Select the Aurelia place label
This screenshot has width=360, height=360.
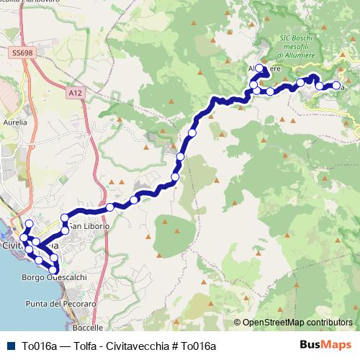(x=15, y=122)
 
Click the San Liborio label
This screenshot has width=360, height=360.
(x=91, y=226)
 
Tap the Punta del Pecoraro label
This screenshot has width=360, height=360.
(x=60, y=305)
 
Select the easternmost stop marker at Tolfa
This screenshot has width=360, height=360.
(x=336, y=86)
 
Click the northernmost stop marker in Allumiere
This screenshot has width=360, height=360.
(x=259, y=69)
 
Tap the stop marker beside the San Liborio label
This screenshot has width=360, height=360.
(x=65, y=230)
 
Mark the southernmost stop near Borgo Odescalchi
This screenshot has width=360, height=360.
(x=53, y=270)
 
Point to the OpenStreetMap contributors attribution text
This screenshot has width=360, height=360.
(x=297, y=323)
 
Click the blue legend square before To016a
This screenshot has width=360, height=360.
(x=9, y=346)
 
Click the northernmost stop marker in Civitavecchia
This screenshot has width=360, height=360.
(x=30, y=225)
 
